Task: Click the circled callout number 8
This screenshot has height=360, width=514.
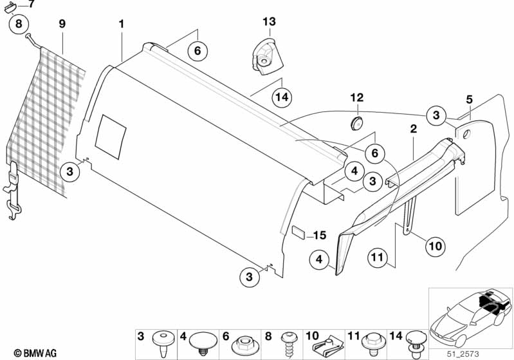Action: [19, 25]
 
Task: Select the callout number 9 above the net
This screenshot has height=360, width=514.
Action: [62, 24]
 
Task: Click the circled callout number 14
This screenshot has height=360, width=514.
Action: [280, 97]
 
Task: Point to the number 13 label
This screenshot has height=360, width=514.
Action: [268, 23]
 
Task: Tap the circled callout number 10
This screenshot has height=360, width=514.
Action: [435, 245]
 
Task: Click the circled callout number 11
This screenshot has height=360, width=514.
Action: [380, 258]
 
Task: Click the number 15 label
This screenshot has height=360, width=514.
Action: [320, 234]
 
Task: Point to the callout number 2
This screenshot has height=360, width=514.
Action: [412, 129]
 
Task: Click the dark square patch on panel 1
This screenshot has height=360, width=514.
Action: [111, 137]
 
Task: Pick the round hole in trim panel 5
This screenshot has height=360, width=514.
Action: [464, 135]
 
